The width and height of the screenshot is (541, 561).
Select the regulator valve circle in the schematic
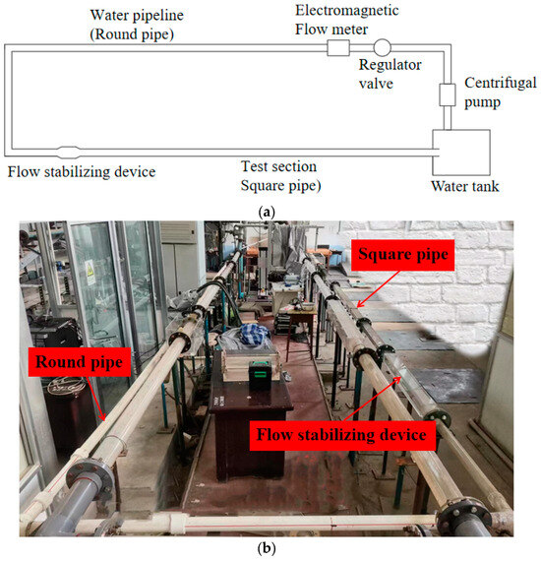381,46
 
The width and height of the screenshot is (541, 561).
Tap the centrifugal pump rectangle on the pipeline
447,94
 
